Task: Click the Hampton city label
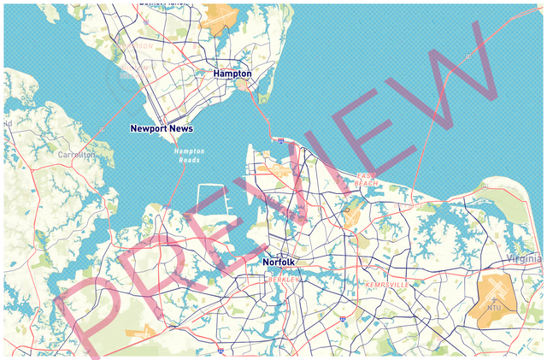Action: pos(232,74)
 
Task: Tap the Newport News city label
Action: pos(162,128)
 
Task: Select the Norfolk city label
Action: pos(279,262)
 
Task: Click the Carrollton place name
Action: pos(77,155)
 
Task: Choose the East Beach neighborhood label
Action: pos(367,180)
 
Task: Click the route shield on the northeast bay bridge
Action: pos(468,56)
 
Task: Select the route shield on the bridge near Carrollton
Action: pos(102,130)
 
